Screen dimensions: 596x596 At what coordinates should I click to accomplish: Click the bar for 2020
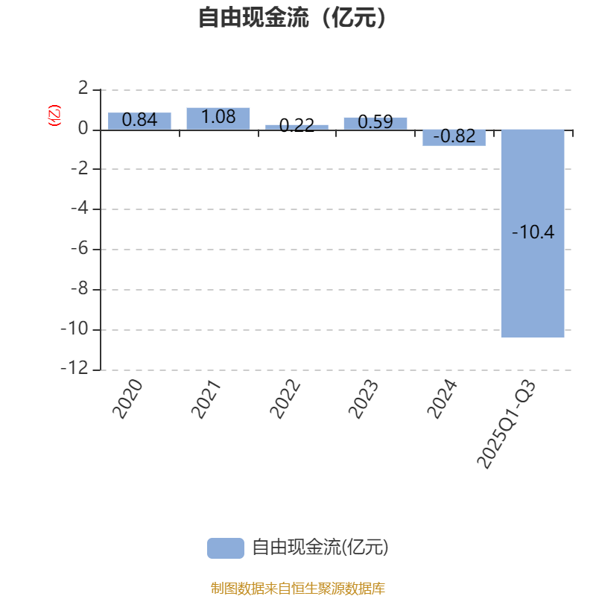pyautogui.click(x=139, y=121)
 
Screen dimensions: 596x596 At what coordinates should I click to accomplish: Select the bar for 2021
pyautogui.click(x=218, y=118)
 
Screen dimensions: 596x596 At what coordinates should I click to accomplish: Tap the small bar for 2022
pyautogui.click(x=297, y=127)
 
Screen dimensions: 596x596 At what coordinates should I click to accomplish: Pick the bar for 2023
pyautogui.click(x=375, y=123)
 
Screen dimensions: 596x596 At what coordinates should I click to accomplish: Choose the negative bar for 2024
pyautogui.click(x=454, y=137)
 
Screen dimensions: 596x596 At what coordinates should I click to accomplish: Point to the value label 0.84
pyautogui.click(x=139, y=119)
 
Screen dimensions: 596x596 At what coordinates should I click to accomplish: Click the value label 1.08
pyautogui.click(x=218, y=116)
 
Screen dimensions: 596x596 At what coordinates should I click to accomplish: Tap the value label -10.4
pyautogui.click(x=533, y=232)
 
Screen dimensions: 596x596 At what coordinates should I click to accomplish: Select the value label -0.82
pyautogui.click(x=454, y=136)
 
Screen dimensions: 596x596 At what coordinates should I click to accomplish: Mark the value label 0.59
pyautogui.click(x=375, y=122)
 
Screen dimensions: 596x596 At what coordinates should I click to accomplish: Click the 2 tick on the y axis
pyautogui.click(x=83, y=89)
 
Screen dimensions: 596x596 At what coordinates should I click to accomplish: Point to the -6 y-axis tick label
pyautogui.click(x=80, y=250)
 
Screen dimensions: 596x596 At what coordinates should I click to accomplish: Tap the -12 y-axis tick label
pyautogui.click(x=77, y=370)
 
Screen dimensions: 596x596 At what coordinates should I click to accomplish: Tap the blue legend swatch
pyautogui.click(x=225, y=548)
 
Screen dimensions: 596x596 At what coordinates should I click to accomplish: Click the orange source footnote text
pyautogui.click(x=297, y=589)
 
